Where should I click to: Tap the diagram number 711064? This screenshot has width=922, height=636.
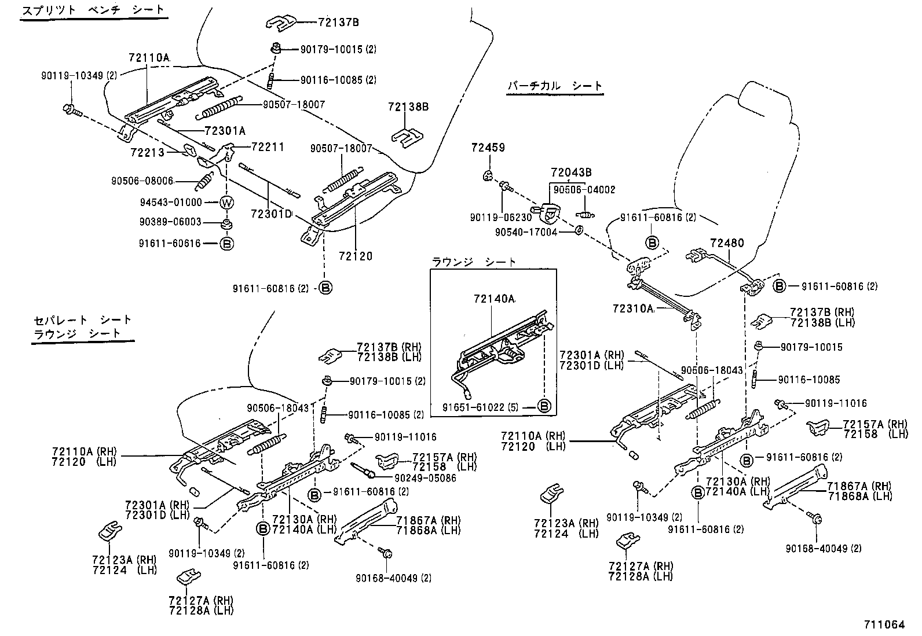pyautogui.click(x=884, y=624)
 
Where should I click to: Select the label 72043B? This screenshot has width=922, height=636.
pyautogui.click(x=571, y=172)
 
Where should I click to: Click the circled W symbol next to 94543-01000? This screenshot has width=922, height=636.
pyautogui.click(x=226, y=203)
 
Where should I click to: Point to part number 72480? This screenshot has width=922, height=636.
pyautogui.click(x=728, y=243)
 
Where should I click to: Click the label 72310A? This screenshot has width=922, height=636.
pyautogui.click(x=632, y=308)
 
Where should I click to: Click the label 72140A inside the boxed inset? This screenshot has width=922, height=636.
pyautogui.click(x=493, y=299)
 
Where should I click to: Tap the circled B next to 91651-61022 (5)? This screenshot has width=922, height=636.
pyautogui.click(x=544, y=406)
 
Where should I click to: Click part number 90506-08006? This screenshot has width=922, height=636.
pyautogui.click(x=142, y=181)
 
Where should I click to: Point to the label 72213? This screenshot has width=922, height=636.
pyautogui.click(x=147, y=152)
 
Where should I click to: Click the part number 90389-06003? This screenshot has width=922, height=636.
pyautogui.click(x=170, y=222)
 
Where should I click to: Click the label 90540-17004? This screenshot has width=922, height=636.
pyautogui.click(x=526, y=231)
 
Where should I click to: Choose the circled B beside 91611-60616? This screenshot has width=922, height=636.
pyautogui.click(x=226, y=244)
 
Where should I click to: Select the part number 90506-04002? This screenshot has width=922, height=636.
pyautogui.click(x=584, y=189)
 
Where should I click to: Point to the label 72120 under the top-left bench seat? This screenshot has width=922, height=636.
pyautogui.click(x=356, y=256)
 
